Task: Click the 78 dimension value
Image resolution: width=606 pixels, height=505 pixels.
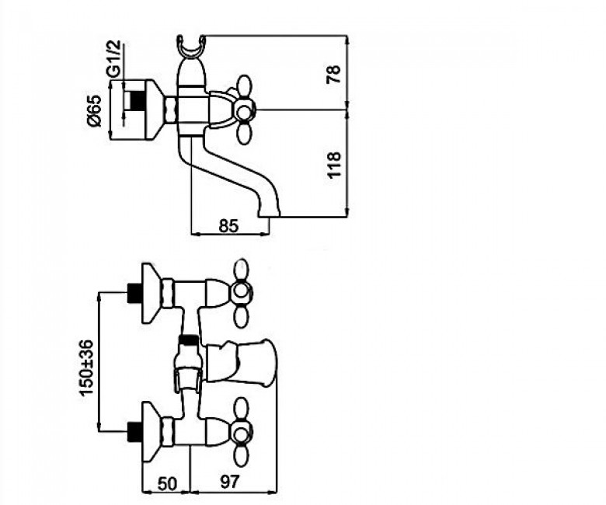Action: [334, 74]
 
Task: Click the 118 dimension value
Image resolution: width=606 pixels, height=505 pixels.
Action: [334, 165]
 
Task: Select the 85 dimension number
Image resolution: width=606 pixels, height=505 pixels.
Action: [228, 226]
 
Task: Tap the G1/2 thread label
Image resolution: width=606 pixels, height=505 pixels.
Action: [113, 59]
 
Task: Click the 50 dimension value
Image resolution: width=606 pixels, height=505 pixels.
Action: [167, 483]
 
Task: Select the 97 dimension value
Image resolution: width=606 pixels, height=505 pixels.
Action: [230, 482]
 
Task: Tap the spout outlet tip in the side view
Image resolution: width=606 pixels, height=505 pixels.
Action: [269, 213]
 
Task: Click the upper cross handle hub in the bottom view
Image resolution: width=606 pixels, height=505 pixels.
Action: [241, 291]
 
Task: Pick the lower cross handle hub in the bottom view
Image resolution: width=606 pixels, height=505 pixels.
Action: [241, 430]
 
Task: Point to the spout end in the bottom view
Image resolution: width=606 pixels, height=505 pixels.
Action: [267, 361]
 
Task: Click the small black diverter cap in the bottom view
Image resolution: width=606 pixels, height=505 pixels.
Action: [189, 340]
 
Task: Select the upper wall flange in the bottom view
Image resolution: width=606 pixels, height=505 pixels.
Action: [151, 293]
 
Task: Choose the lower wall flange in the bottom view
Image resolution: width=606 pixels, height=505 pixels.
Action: [151, 432]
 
